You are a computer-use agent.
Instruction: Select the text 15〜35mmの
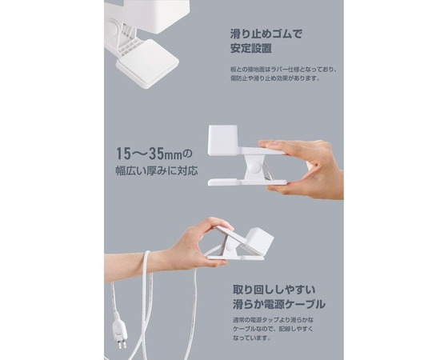(x=154, y=153)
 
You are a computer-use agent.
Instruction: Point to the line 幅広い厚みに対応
(x=154, y=170)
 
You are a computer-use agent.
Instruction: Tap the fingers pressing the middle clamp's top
(x=288, y=148)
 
